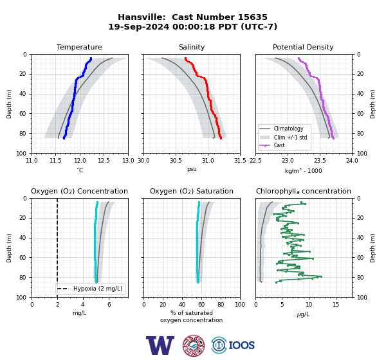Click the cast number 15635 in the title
click(252, 17)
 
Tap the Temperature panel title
click(79, 47)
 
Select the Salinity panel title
click(192, 47)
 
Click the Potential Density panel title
click(303, 47)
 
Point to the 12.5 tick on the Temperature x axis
click(104, 161)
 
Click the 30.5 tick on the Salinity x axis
click(176, 161)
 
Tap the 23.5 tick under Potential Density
click(320, 161)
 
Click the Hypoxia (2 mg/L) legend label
click(98, 289)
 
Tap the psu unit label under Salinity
click(192, 169)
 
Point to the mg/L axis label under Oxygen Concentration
click(80, 313)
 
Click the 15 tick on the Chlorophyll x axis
click(336, 305)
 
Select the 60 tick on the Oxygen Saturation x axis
click(201, 305)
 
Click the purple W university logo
click(160, 345)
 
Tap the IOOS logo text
click(241, 345)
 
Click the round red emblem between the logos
click(194, 345)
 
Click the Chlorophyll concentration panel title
click(303, 191)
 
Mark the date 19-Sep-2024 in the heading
click(139, 26)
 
